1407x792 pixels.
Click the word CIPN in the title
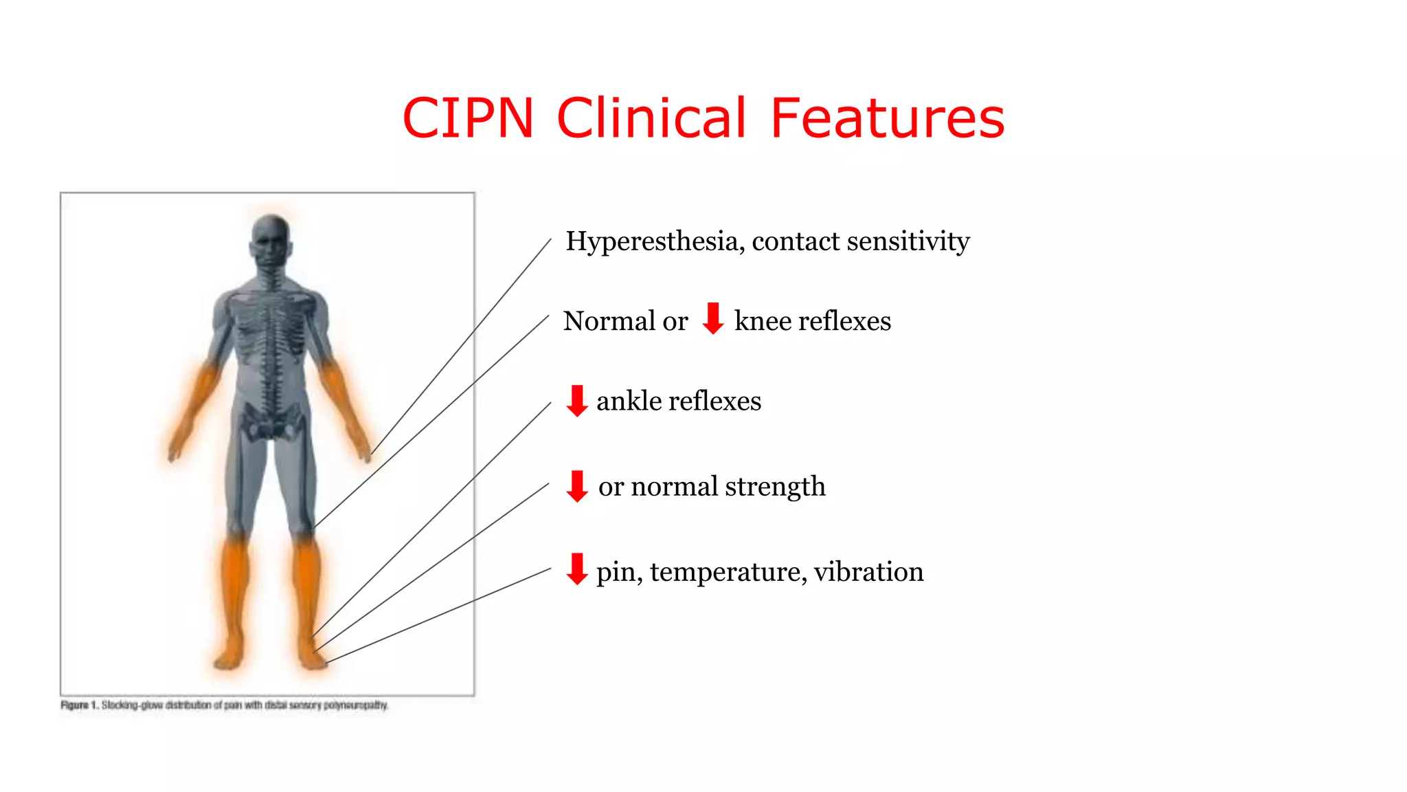point(468,118)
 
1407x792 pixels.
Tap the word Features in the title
point(888,118)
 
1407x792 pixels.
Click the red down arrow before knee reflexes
point(713,318)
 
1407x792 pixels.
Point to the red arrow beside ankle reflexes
point(577,401)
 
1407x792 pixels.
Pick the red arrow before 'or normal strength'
point(577,486)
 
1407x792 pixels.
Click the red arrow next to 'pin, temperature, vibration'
point(577,569)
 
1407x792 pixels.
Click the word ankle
point(629,401)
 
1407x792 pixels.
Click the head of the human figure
point(271,241)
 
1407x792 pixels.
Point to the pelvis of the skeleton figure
point(272,421)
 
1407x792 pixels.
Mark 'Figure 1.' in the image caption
point(80,705)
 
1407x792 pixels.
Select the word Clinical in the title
point(651,118)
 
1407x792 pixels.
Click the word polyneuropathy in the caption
point(355,705)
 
